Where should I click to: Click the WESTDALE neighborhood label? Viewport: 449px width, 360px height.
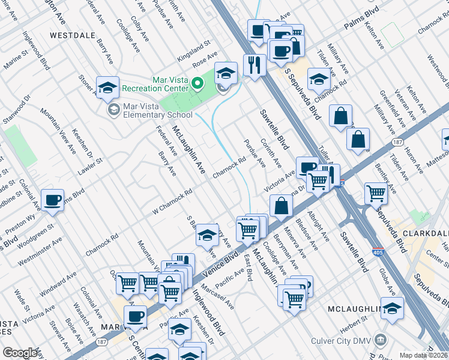pyautogui.click(x=73, y=35)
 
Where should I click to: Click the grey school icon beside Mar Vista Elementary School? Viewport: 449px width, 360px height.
pyautogui.click(x=113, y=110)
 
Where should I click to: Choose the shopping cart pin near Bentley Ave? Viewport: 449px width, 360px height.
pyautogui.click(x=376, y=193)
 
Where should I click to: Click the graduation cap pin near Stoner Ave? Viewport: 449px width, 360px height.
pyautogui.click(x=107, y=88)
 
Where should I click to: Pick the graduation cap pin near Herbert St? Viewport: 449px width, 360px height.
pyautogui.click(x=391, y=308)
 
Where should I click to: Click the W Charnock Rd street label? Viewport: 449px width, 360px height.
pyautogui.click(x=171, y=201)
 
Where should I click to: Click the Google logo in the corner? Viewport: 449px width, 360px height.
pyautogui.click(x=20, y=353)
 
